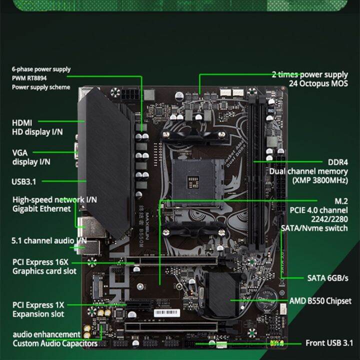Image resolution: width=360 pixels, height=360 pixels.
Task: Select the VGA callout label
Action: (x=20, y=152)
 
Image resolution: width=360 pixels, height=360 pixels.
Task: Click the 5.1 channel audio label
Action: (x=49, y=240)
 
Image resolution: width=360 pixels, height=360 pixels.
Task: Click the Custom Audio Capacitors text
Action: (x=55, y=343)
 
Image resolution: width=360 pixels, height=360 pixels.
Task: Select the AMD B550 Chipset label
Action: (x=320, y=301)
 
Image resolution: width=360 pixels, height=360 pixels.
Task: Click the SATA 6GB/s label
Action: (x=327, y=277)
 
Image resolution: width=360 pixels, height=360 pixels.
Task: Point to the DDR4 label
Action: (x=337, y=162)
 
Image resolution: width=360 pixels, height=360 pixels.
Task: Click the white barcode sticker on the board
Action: (x=167, y=312)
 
